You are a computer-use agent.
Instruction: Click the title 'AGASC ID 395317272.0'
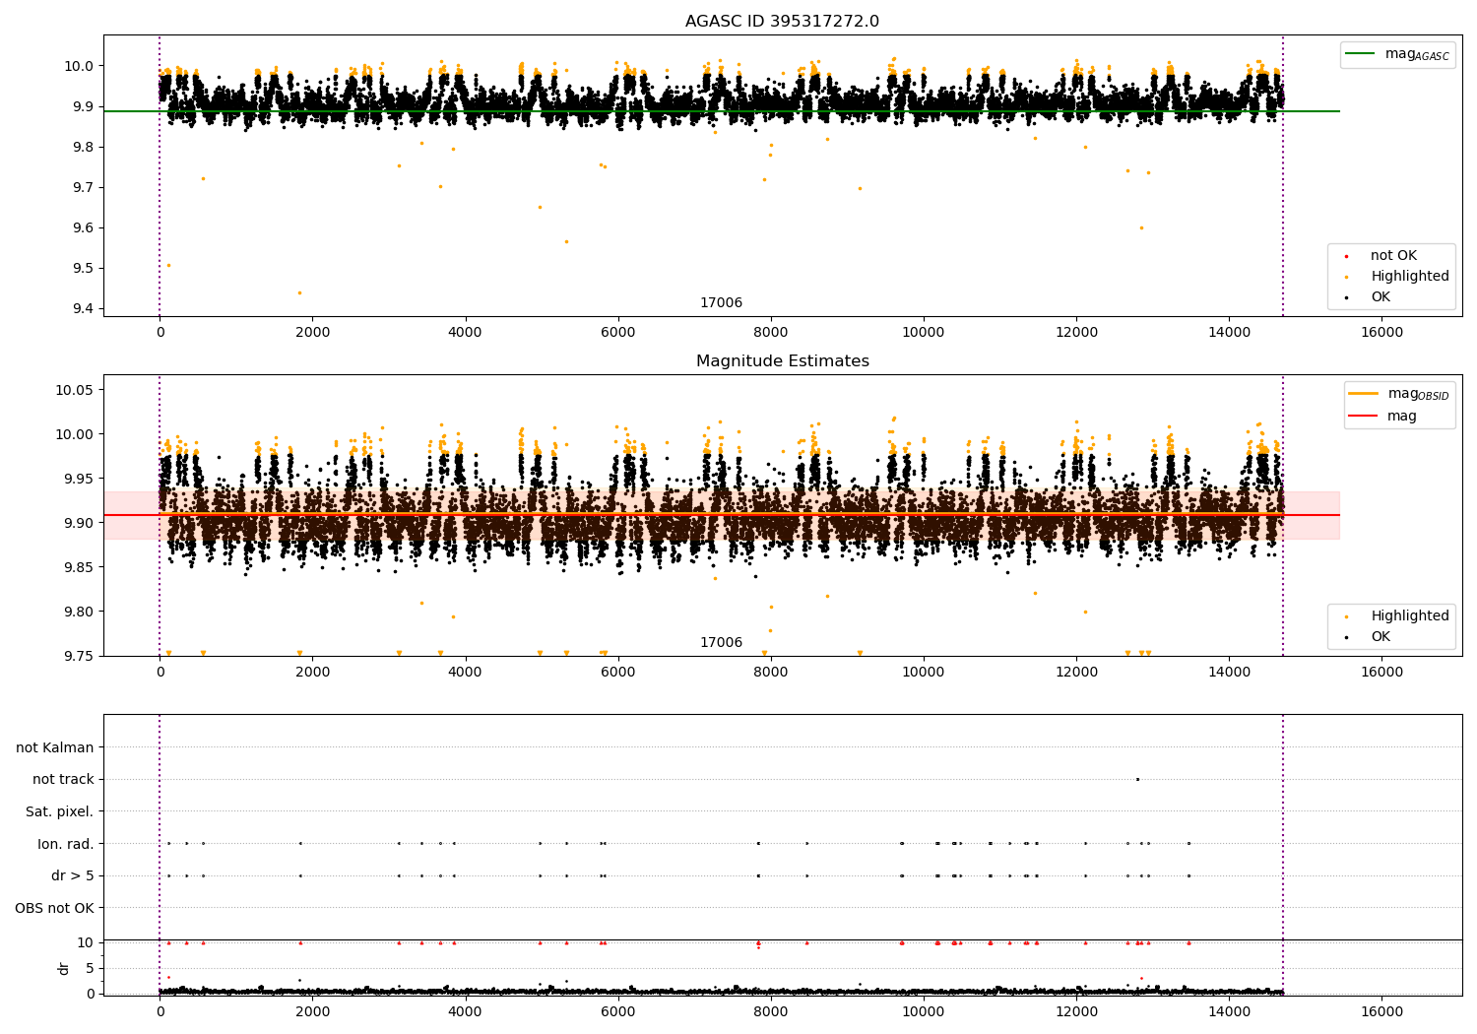(782, 22)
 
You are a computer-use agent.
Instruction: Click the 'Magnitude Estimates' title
(782, 361)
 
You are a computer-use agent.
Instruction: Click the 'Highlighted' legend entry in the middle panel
(1409, 615)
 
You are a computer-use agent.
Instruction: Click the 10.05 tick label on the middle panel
(74, 390)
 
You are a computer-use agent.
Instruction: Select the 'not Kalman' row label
(54, 747)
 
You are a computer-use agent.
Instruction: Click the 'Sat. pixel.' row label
(59, 811)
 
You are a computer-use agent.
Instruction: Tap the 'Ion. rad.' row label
(65, 844)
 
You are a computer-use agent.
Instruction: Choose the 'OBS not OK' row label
(54, 908)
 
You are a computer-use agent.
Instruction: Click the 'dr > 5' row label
(72, 875)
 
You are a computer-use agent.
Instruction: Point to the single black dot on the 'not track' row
(1137, 779)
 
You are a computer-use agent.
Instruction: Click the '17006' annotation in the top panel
(721, 302)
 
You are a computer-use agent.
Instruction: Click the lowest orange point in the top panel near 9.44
(300, 292)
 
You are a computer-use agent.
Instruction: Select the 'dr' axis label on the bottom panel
(64, 968)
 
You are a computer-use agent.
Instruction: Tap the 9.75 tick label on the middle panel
(78, 656)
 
